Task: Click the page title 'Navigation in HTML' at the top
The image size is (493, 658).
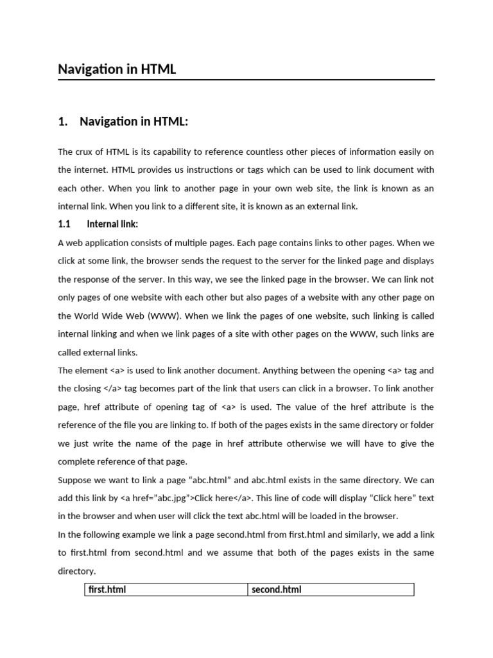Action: [x=117, y=69]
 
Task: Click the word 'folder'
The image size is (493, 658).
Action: [x=421, y=425]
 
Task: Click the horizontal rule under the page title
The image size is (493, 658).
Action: [x=246, y=80]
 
